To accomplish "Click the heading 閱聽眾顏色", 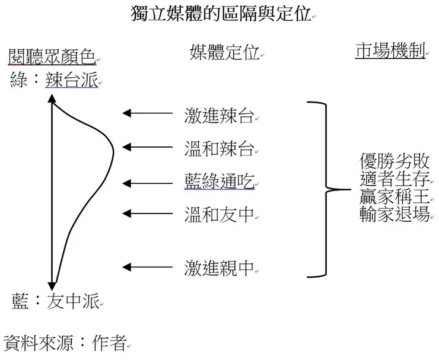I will pos(52,57).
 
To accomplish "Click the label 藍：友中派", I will pos(56,302).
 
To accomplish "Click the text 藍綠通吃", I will pos(219,181).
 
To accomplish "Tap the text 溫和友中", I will pos(219,214).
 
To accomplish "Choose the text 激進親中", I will pos(219,269).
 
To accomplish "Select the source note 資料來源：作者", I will pos(65,342).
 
